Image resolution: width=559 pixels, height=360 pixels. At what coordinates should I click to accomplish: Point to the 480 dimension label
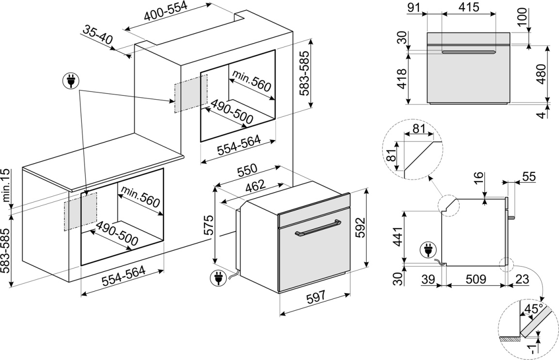[542, 74]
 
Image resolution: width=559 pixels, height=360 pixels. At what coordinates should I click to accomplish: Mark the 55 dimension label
[529, 177]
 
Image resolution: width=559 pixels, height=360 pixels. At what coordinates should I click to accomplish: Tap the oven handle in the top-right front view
[468, 52]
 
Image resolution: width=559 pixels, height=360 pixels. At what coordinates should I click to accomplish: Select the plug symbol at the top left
[71, 80]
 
